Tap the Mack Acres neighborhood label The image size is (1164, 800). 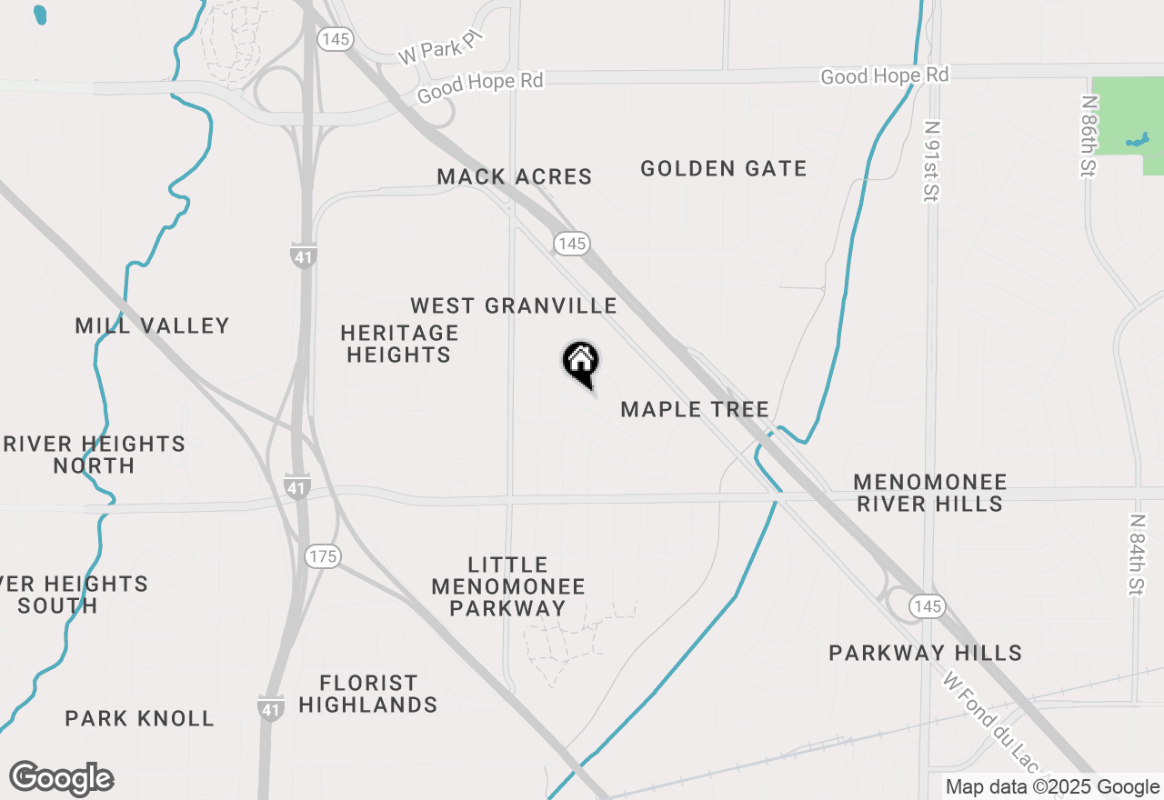point(515,176)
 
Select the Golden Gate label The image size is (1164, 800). point(724,168)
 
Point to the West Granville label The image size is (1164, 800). point(514,305)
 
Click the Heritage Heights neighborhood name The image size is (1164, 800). point(399,344)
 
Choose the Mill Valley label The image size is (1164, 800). point(153,325)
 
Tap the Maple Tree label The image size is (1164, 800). point(695,410)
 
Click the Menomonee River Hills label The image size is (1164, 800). point(929,493)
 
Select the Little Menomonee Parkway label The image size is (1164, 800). point(508,586)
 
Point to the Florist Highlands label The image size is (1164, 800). point(368,694)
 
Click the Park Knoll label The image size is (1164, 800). point(140,718)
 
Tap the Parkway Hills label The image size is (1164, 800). point(926,653)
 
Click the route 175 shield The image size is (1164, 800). point(323,556)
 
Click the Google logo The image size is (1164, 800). point(62,779)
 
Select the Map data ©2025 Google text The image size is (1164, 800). point(1052,787)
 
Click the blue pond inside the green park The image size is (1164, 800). point(1137,141)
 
